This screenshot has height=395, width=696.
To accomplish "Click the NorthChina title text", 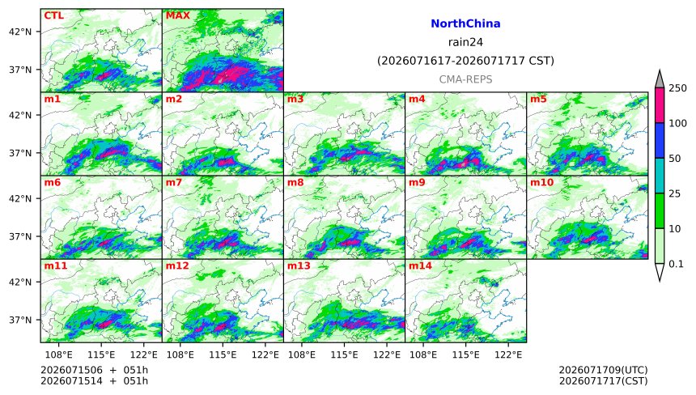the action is pos(465,23).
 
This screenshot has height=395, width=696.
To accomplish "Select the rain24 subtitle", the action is pos(465,42).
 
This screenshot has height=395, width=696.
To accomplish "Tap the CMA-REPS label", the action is pos(465,79).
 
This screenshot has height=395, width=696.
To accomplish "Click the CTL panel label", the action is pos(53,15).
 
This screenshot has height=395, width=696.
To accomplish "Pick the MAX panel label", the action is pos(177,15).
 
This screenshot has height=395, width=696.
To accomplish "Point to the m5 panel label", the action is pos(538,99).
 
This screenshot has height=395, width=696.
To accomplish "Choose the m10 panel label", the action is pos(541,182).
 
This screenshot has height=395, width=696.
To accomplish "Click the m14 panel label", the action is pos(420,265).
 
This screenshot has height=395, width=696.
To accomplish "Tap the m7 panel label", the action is pos(173,182).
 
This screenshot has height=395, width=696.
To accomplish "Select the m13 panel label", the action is pos(299,265).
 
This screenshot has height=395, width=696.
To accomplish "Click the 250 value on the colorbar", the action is pos(678,88).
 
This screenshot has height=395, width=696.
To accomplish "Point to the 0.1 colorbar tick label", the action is pos(676,264).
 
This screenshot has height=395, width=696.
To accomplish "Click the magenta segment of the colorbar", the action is pos(660,105).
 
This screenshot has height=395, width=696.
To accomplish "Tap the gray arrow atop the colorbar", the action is pos(660,79).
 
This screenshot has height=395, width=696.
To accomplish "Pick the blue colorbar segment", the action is pos(660,140).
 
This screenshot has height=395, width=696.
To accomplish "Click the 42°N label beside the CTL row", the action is pos(20,32).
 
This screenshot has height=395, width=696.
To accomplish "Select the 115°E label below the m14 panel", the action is pos(465,355).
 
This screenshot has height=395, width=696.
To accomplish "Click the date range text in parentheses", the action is pos(465,61).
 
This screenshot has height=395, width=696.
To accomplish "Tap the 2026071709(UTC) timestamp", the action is pos(603,370).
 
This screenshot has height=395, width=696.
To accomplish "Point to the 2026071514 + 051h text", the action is pos(94,381).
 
